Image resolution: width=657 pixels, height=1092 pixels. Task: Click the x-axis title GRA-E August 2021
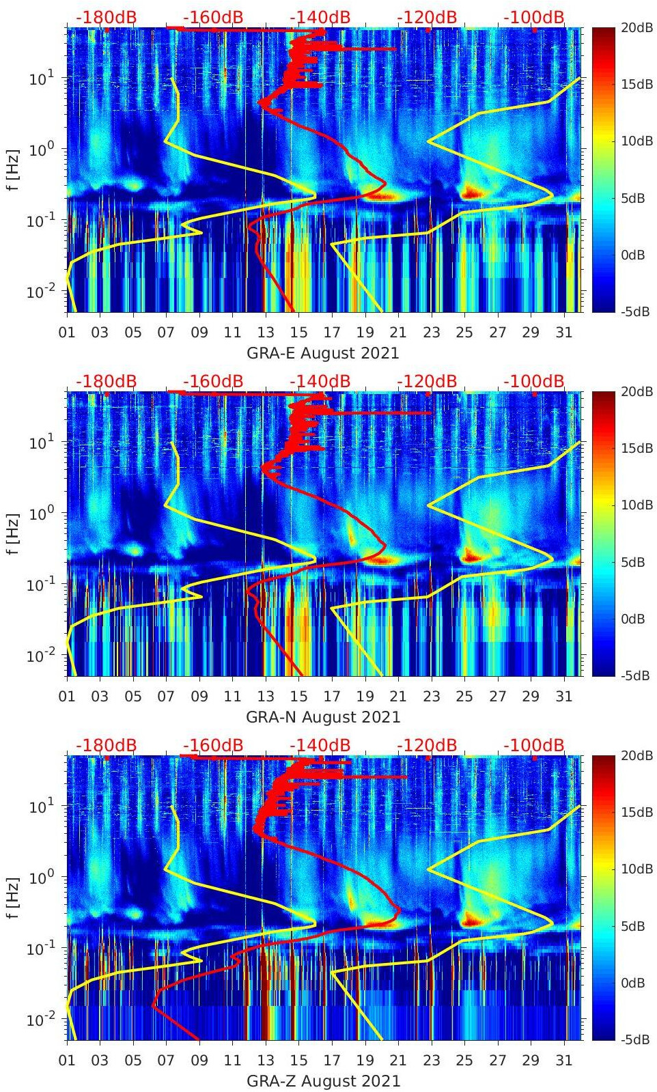322,353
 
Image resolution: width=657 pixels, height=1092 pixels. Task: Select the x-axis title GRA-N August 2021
322,717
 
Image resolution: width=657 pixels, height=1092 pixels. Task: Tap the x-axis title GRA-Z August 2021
322,1081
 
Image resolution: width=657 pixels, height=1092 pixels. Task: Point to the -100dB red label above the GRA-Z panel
534,745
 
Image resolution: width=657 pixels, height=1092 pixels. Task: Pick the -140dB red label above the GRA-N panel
320,381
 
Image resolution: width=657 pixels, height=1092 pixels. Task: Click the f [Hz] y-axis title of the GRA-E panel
13,169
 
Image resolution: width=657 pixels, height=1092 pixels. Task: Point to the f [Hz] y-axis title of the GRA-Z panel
13,897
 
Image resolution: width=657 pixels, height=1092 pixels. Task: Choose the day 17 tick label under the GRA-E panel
332,333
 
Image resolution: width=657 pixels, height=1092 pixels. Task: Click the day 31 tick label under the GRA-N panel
563,697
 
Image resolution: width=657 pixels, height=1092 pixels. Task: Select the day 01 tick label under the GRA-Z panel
67,1061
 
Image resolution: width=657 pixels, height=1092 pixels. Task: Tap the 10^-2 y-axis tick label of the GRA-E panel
38,292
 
